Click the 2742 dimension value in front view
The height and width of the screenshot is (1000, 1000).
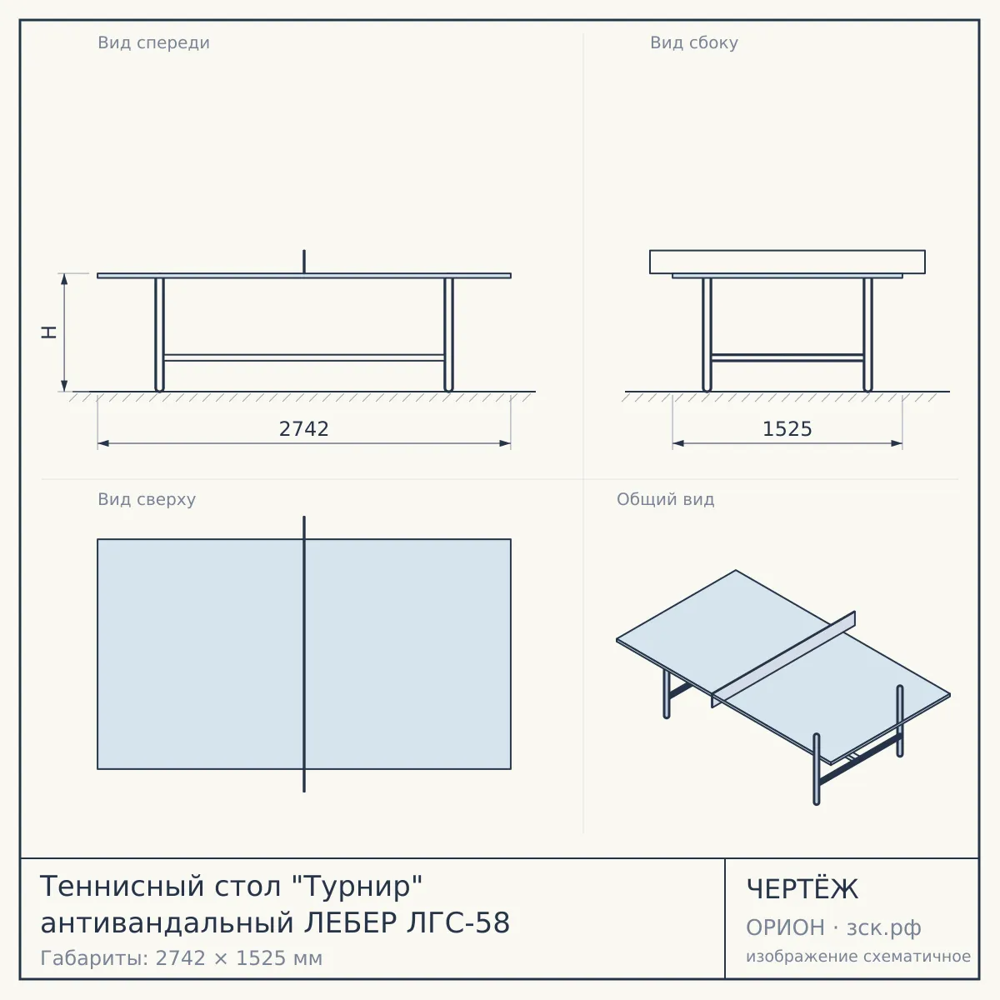coord(303,428)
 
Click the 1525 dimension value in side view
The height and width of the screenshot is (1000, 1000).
coord(787,428)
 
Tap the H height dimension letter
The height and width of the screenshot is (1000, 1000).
coord(49,332)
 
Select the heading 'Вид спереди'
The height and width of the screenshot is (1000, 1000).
coord(153,42)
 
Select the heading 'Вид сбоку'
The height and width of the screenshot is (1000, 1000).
coord(694,42)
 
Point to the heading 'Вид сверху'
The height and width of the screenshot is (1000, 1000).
coord(147,499)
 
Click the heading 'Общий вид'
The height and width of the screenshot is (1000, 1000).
coord(665,499)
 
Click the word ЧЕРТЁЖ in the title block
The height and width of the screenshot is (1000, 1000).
coord(802,889)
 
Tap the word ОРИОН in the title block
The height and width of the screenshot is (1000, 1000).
coord(785,927)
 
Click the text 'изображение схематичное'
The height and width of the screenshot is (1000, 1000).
coord(858,956)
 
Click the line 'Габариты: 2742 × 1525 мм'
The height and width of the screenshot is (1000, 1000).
coord(181,958)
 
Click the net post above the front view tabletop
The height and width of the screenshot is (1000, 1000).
coord(304,262)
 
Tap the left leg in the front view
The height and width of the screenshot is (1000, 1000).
coord(159,335)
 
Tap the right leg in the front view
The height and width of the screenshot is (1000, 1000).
coord(449,335)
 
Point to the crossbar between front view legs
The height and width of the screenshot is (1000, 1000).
coord(304,357)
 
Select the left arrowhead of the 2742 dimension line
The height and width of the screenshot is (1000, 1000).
coord(103,443)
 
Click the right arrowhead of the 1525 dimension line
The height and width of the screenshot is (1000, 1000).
coord(896,443)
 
